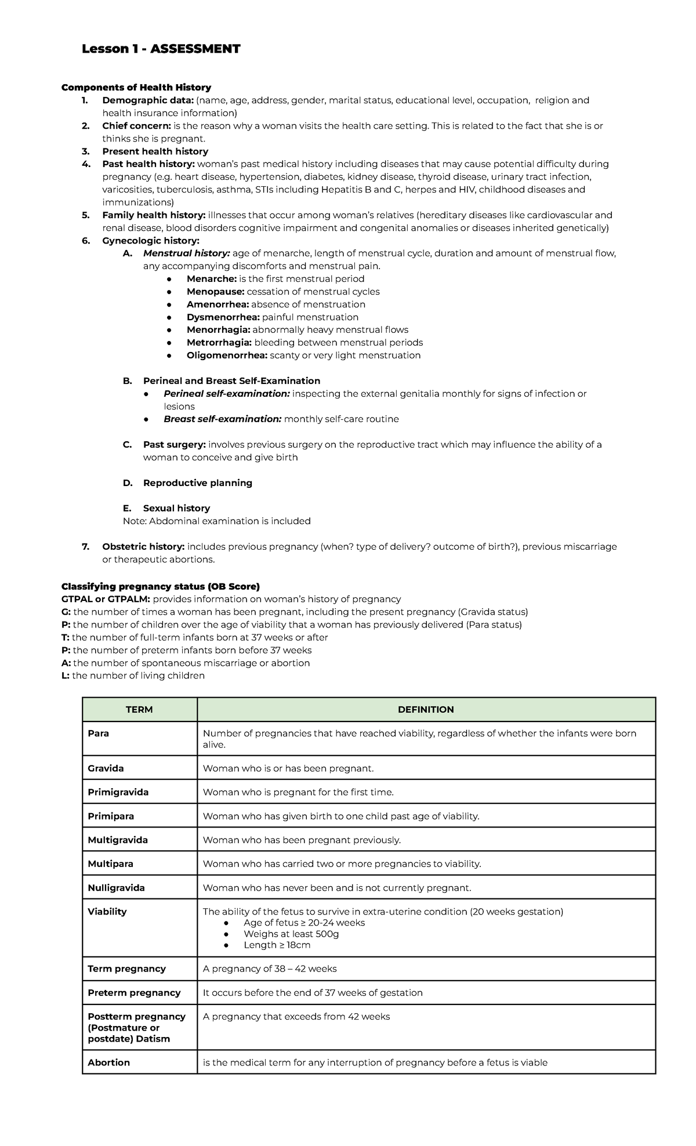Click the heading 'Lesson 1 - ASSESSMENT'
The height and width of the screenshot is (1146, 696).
[161, 49]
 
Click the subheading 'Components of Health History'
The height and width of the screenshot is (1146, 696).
[136, 88]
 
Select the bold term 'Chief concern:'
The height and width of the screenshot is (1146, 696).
[136, 126]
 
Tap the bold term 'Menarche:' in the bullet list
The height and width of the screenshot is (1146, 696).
[212, 279]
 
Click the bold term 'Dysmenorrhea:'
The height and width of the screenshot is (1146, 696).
[223, 317]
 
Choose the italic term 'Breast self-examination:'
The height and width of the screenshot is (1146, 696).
[223, 419]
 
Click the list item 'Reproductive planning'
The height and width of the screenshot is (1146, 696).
[197, 483]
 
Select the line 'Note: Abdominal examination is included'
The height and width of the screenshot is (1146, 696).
[216, 521]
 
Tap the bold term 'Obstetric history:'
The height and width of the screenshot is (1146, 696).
[143, 547]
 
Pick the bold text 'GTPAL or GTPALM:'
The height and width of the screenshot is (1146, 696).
[106, 599]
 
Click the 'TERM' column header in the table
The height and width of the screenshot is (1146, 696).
[139, 710]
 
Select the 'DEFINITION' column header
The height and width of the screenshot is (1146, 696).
[426, 710]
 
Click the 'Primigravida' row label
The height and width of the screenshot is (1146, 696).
[118, 792]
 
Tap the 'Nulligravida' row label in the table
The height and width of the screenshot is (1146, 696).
[116, 888]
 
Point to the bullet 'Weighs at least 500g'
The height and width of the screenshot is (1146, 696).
[291, 934]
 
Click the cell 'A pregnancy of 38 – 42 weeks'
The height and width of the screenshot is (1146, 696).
[269, 969]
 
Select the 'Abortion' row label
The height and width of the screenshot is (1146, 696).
[108, 1062]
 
